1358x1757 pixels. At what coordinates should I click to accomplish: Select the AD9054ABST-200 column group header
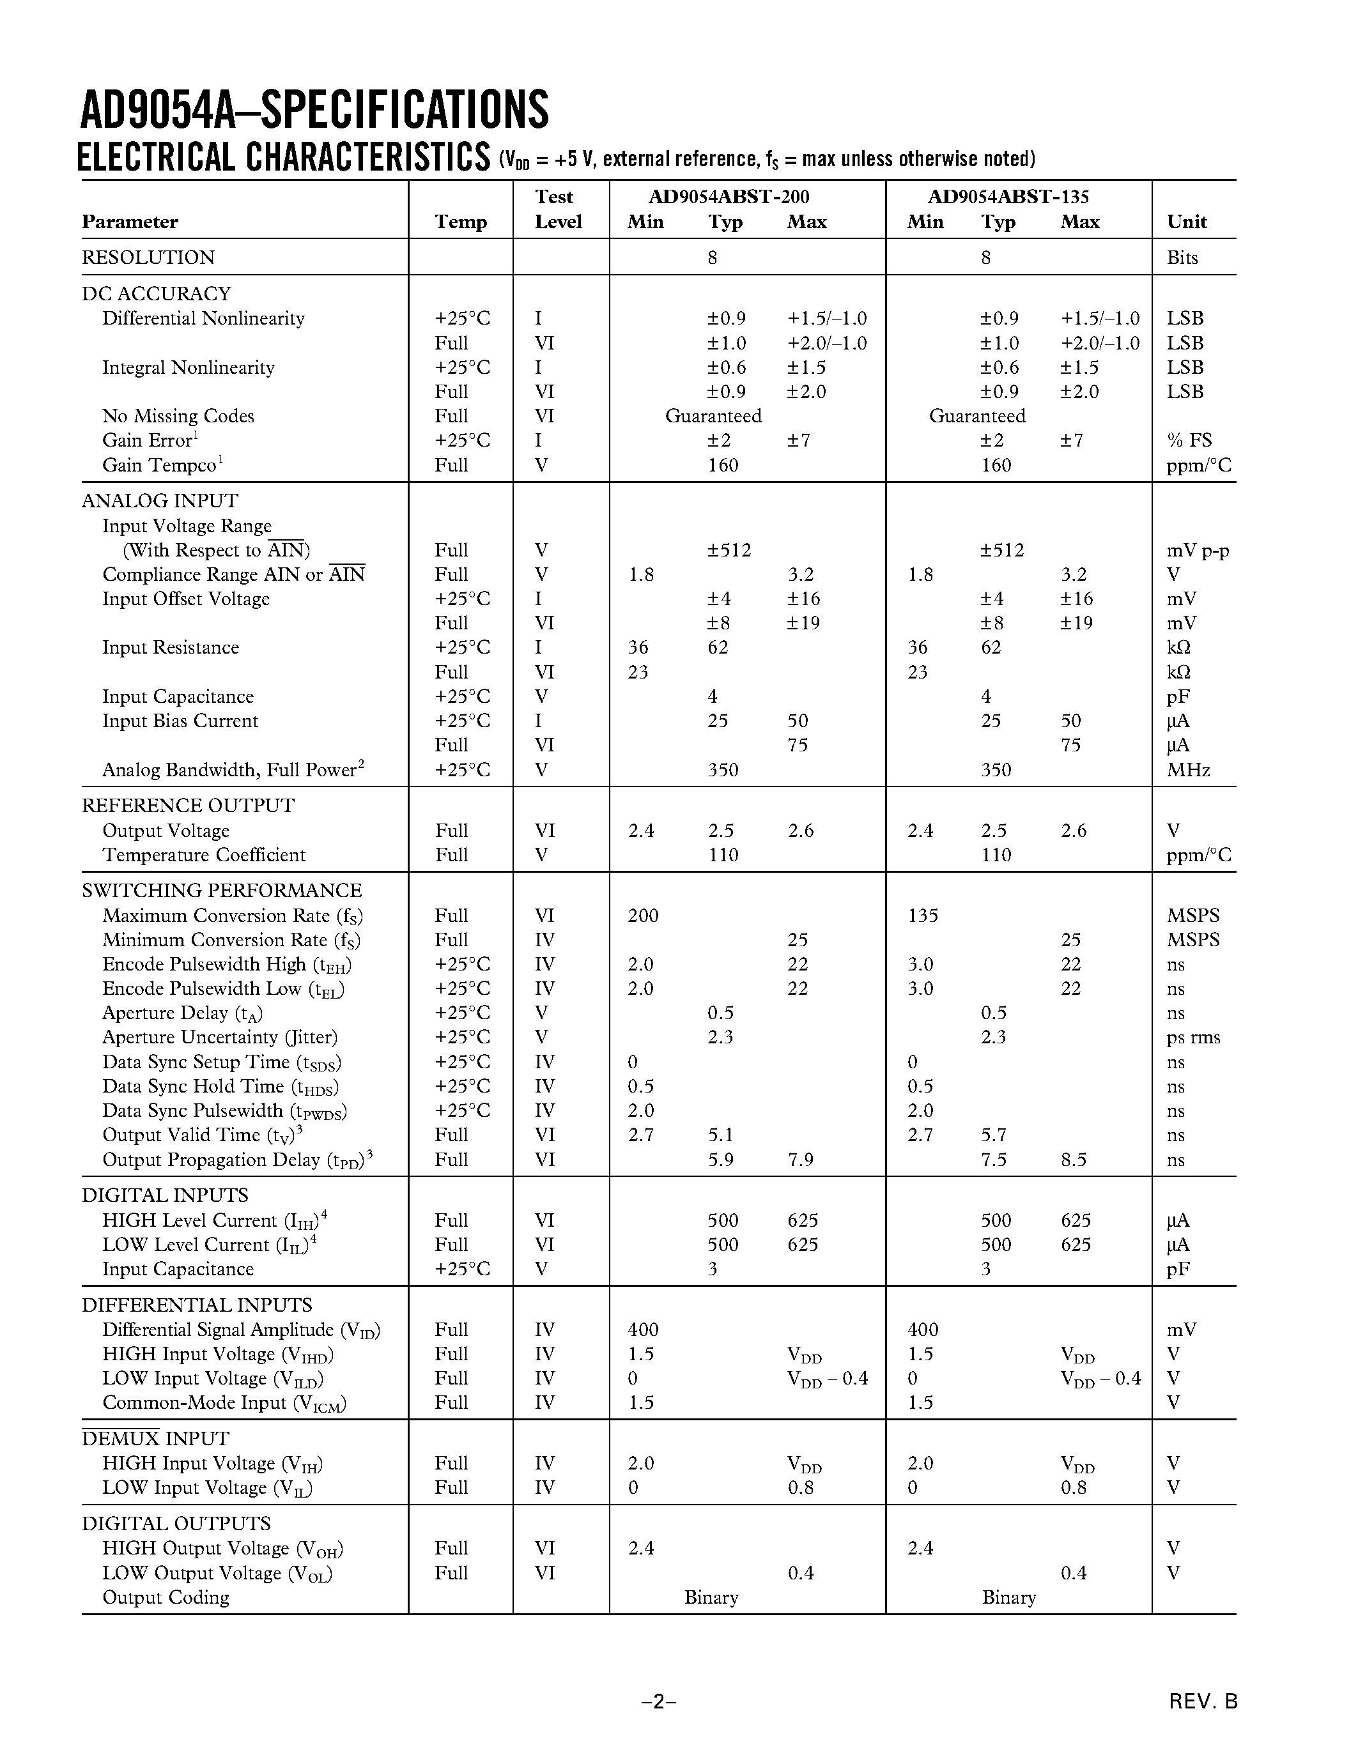pos(729,197)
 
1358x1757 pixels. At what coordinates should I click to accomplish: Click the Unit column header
pos(1187,222)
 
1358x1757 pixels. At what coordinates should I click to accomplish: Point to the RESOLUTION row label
pos(148,257)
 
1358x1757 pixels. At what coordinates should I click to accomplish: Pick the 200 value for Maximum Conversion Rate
pos(643,916)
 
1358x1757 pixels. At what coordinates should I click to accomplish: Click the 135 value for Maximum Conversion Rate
pos(923,916)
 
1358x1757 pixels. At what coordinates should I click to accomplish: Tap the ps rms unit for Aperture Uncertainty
pos(1193,1038)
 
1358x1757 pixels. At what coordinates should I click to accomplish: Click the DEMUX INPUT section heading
pos(155,1438)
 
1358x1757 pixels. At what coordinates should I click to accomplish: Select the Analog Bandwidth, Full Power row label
pos(233,770)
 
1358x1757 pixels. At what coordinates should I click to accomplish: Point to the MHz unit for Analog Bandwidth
pos(1188,770)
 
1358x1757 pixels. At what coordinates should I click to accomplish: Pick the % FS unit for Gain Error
pos(1189,441)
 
